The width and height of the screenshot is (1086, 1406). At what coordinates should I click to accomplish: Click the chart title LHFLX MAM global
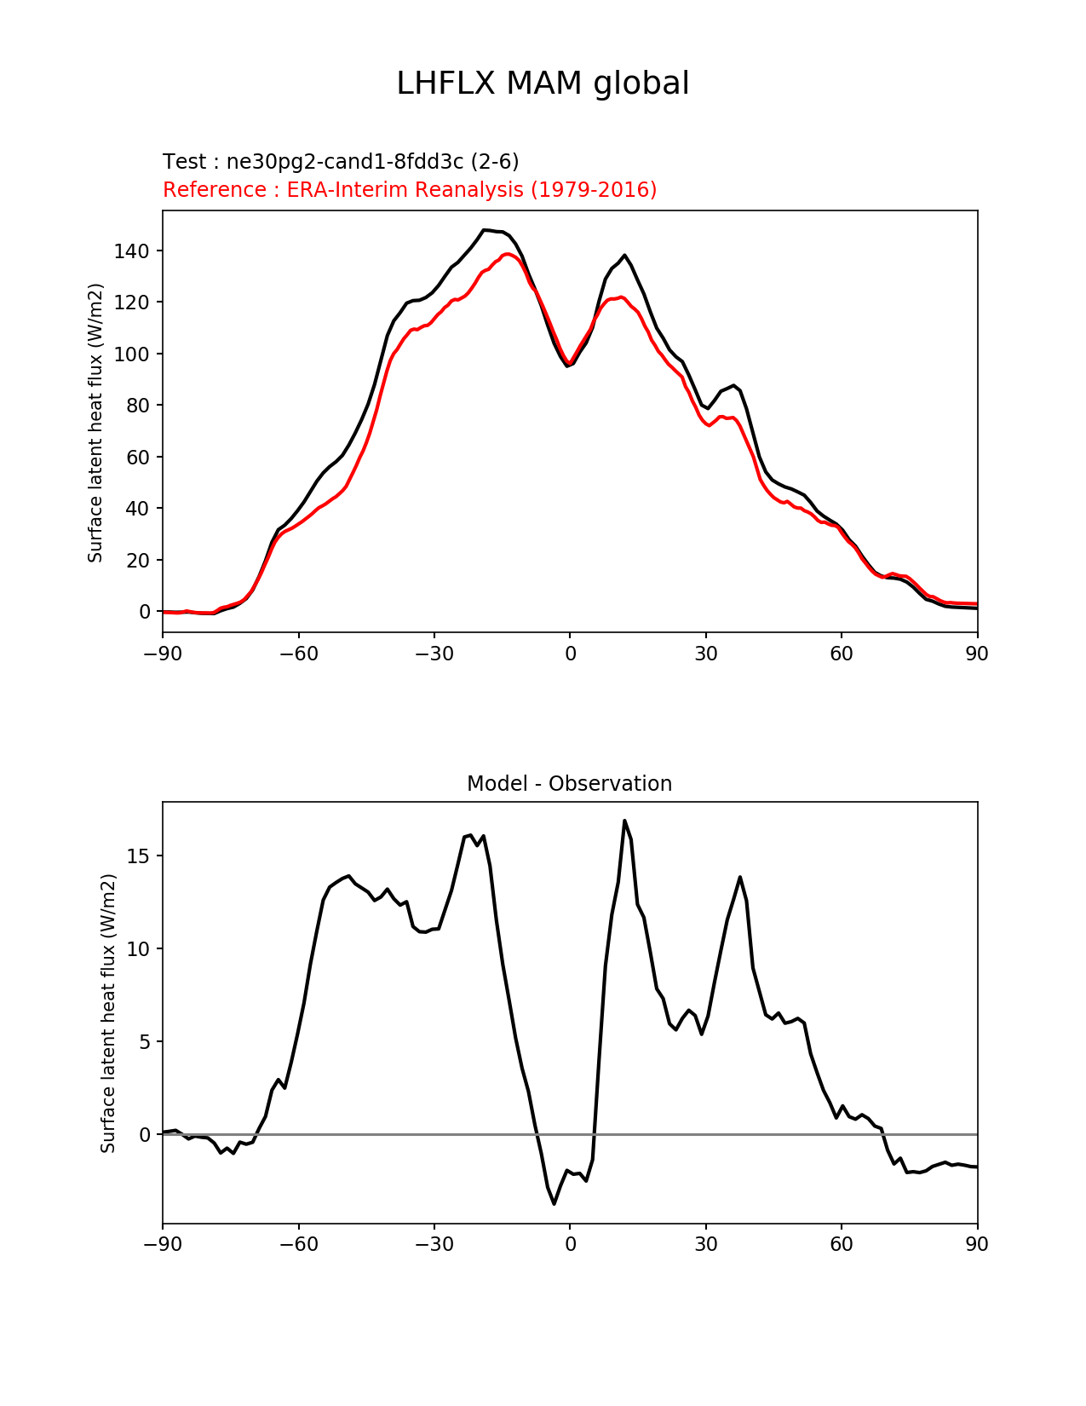coord(543,84)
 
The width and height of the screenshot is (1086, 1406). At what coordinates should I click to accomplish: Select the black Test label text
coord(341,162)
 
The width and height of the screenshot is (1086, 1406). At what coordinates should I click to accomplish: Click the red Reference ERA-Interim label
coord(410,189)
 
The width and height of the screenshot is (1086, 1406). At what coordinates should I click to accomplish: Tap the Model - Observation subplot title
coord(569,784)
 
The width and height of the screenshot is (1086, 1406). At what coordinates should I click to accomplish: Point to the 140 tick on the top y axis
coord(131,251)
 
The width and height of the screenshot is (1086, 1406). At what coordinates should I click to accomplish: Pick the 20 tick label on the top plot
coord(138,561)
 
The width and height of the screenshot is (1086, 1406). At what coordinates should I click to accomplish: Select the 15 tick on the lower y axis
coord(138,856)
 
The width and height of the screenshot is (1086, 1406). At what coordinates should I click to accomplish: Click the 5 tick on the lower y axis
coord(144,1042)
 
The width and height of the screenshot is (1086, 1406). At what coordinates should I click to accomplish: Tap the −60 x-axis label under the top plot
coord(298,654)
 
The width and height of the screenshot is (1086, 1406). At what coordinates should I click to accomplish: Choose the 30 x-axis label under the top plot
coord(706,654)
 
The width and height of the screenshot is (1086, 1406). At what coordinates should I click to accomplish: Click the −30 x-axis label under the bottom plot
coord(434,1244)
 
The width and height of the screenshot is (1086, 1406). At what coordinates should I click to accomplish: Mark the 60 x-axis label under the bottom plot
coord(842,1244)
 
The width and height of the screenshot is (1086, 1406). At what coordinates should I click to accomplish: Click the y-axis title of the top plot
coord(95,423)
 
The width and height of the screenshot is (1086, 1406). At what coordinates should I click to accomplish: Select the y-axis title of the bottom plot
coord(108,1013)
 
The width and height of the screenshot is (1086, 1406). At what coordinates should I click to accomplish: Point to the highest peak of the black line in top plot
coord(485,230)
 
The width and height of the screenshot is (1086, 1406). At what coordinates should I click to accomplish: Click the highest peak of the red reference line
coord(508,254)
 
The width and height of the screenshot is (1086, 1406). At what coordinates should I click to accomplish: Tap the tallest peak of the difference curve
coord(624,821)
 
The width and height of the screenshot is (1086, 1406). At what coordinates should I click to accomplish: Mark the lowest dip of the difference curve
coord(554,1203)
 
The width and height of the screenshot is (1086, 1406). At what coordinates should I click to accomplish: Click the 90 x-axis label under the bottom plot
coord(977,1244)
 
